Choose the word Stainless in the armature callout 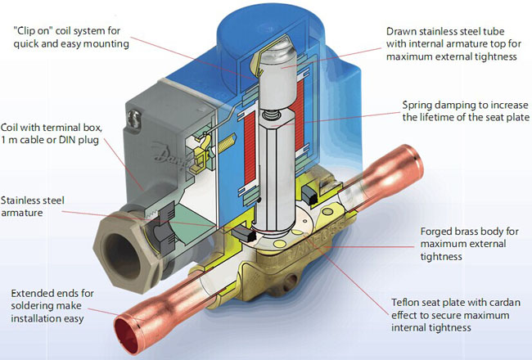tap(23, 199)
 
